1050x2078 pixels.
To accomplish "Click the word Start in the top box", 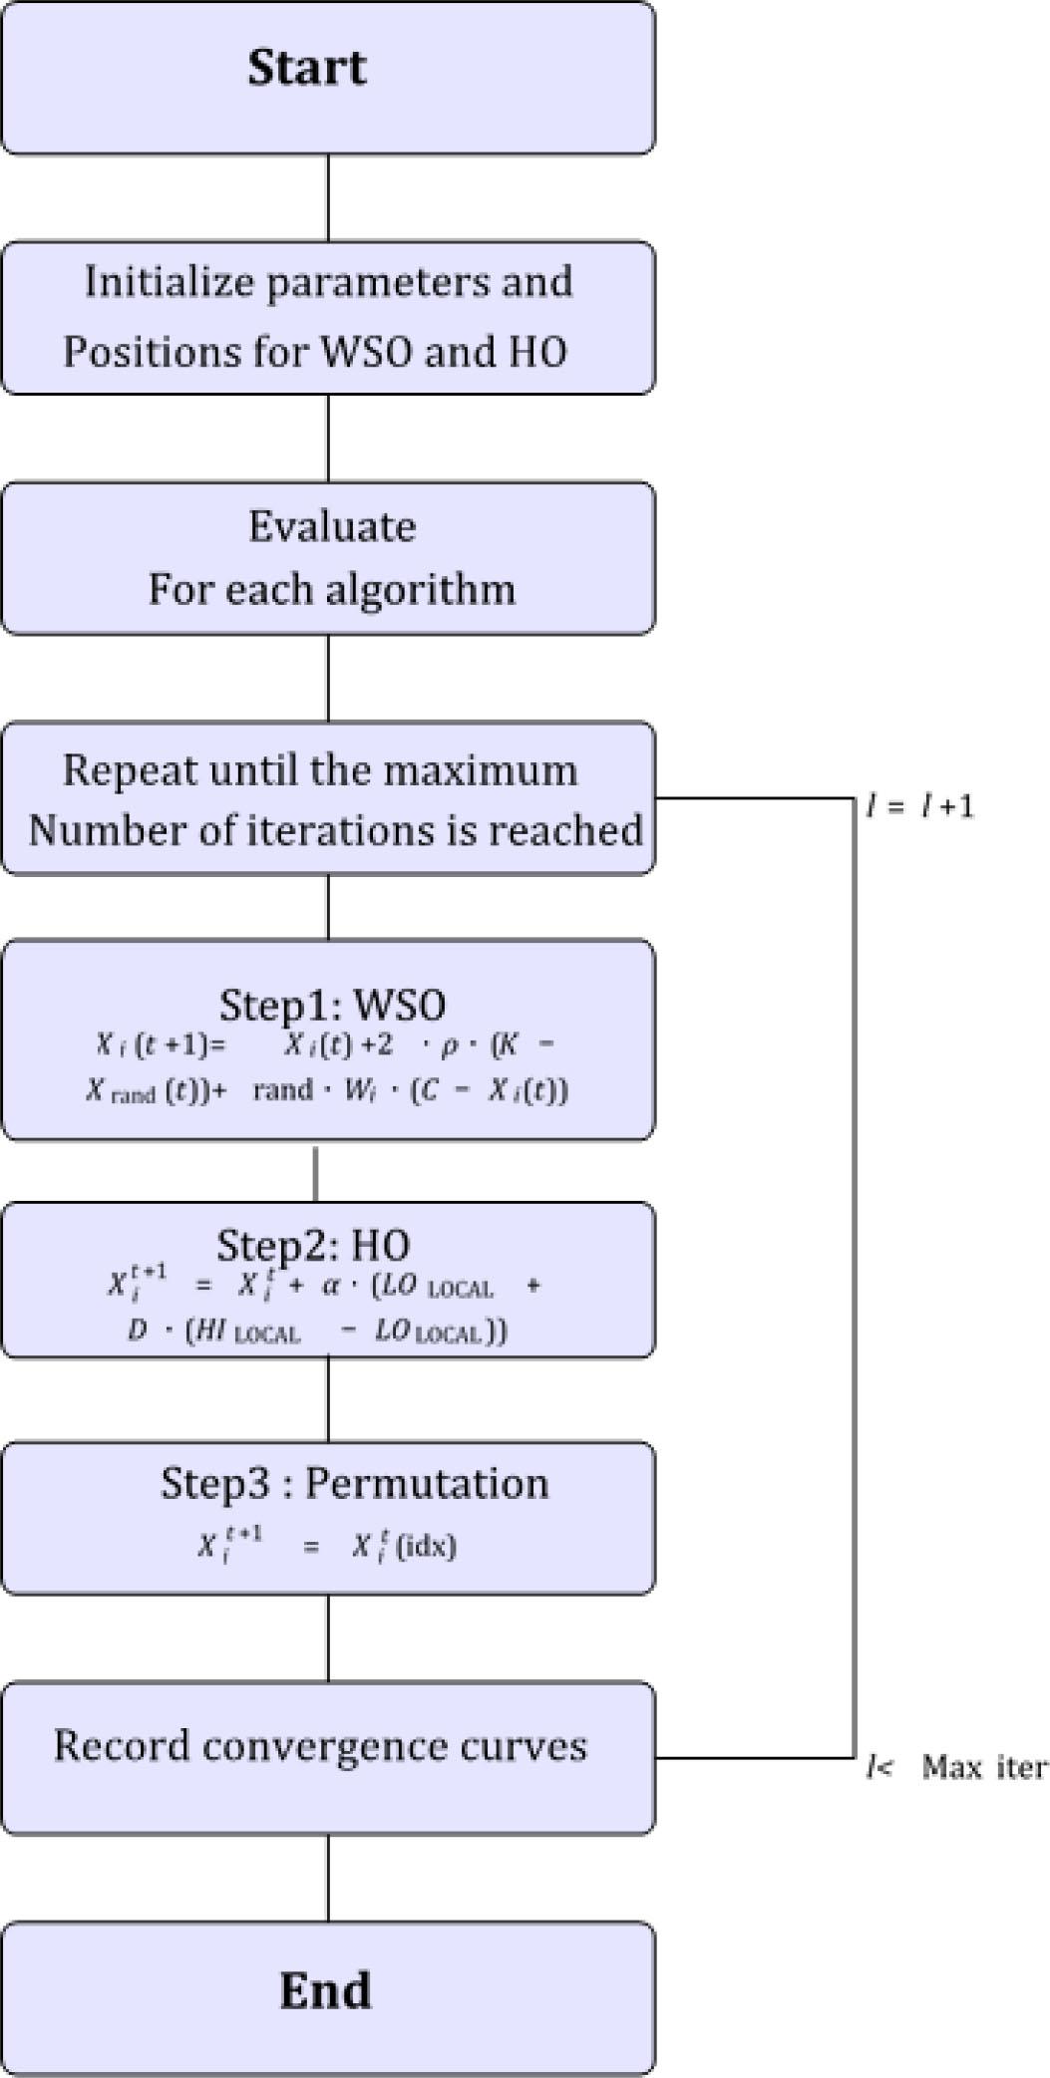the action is [x=307, y=67].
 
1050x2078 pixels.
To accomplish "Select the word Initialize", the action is [x=170, y=282].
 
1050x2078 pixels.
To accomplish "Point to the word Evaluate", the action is [x=332, y=525].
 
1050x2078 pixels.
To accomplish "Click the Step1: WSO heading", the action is [x=332, y=1005].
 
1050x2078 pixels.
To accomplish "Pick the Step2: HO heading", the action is [x=313, y=1245].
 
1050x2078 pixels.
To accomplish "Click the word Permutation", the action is [x=427, y=1483].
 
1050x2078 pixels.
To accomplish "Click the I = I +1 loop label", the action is [x=919, y=805].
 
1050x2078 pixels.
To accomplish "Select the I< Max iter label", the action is [x=956, y=1767].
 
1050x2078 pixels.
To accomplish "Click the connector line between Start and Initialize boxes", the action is [x=328, y=197].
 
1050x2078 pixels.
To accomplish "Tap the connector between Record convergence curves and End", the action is [x=328, y=1879].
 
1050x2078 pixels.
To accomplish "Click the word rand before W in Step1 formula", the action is [x=283, y=1090].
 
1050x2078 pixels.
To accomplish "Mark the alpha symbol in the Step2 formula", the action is [x=331, y=1286].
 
